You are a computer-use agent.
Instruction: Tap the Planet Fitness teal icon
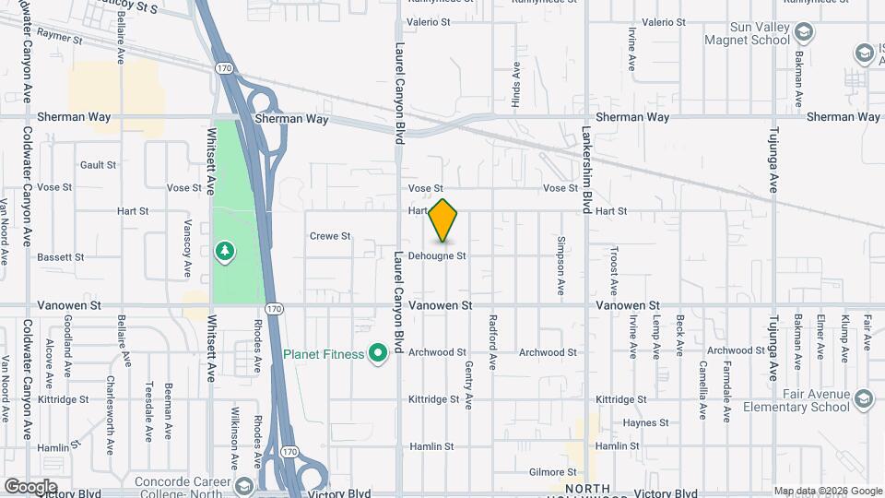click(376, 352)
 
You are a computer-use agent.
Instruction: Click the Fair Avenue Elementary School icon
click(863, 398)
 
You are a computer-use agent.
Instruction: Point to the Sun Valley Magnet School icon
click(804, 33)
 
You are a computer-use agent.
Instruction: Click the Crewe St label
click(330, 236)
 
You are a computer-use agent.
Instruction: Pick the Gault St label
click(98, 165)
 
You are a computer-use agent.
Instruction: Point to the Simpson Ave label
click(560, 263)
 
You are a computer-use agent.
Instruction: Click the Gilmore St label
click(553, 472)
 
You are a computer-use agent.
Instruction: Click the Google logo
click(30, 486)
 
